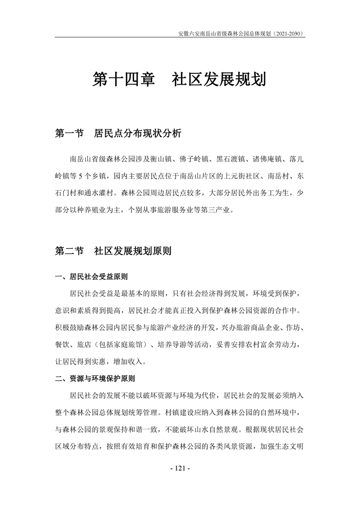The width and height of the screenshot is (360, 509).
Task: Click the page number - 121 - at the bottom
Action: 180,468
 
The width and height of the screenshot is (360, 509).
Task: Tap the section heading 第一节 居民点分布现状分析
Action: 118,134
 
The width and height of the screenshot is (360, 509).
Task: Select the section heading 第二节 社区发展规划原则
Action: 113,251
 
